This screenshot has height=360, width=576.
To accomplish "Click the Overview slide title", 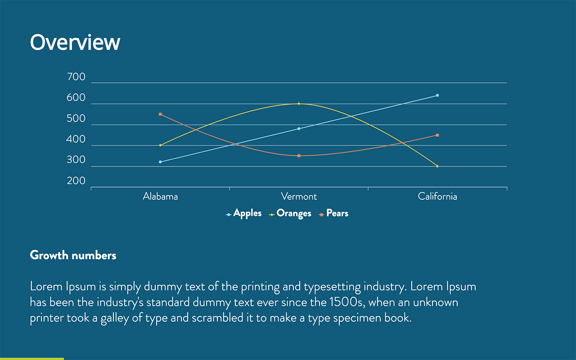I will pos(75,42).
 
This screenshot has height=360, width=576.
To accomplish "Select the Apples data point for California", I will pos(437,95).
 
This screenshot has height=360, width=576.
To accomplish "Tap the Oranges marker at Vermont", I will pos(299,104).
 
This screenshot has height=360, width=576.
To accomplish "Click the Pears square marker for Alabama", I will pos(160,114).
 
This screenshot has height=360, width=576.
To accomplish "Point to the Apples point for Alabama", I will pos(160,162).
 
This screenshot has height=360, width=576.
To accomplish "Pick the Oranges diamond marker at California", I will pos(437,166).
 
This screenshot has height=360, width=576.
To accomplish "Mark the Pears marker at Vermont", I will pos(299,156).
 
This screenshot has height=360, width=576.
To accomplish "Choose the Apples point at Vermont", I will pos(299,129).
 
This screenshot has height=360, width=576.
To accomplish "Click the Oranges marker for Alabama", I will pos(160,145).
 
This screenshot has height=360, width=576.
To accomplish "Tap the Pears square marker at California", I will pos(437,135).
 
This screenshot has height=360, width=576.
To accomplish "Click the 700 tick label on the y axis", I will pos(76,77).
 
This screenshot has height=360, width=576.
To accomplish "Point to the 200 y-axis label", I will pos(76,181).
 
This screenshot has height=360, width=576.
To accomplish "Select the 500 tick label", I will pos(76,119).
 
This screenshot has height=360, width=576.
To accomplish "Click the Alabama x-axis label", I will pos(160,197).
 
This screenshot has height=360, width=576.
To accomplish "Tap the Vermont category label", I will pos(299,197).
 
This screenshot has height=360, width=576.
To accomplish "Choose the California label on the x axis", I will pos(437,197).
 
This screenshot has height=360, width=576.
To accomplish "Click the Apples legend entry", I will pos(247,213).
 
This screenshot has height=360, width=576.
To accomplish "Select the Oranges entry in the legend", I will pos(293,213).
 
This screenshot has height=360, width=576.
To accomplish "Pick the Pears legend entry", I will pos(337,213).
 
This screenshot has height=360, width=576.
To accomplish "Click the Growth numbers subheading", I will pos(73,256).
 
